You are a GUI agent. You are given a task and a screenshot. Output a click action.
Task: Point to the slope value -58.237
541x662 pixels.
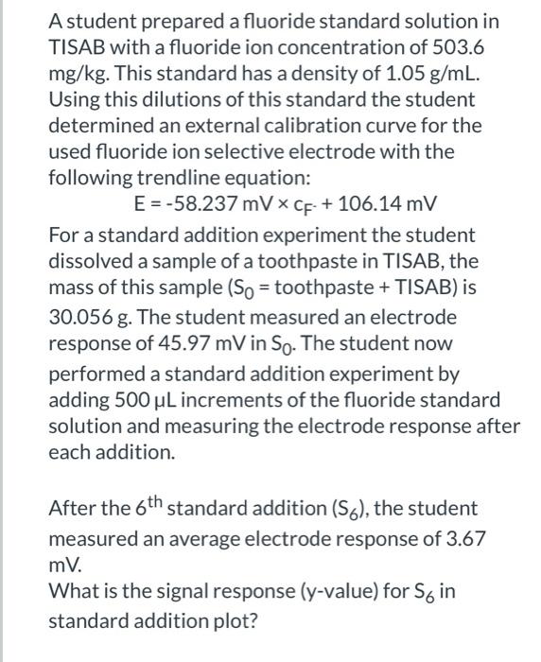212,204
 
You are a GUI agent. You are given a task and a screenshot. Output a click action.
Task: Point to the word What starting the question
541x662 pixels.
72,594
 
